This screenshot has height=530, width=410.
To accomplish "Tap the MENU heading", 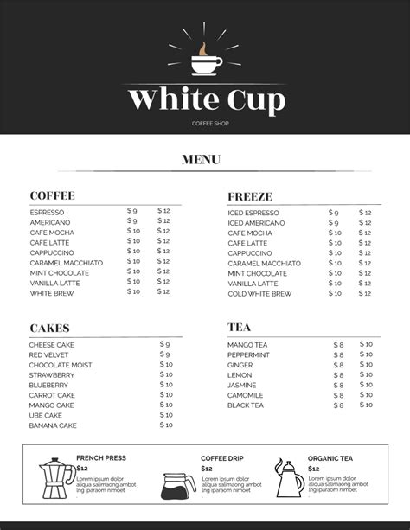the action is [x=202, y=159].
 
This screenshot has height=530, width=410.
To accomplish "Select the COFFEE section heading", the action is [x=52, y=195].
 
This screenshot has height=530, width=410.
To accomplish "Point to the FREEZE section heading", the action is [x=250, y=196].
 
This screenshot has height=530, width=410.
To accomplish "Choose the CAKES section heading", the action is [x=49, y=328].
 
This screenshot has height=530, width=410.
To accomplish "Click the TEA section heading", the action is [x=240, y=328].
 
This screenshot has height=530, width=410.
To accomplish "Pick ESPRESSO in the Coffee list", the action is [x=47, y=213].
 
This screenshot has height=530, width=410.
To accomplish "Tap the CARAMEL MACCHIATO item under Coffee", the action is [x=66, y=263].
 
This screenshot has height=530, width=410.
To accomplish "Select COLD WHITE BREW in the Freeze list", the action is [x=259, y=294].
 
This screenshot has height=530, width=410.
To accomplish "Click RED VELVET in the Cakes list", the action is [x=49, y=355].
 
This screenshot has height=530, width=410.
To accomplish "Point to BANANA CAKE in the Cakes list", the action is [x=53, y=425].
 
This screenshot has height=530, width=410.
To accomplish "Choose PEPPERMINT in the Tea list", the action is [x=248, y=355].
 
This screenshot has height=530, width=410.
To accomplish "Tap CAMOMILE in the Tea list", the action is [x=247, y=395].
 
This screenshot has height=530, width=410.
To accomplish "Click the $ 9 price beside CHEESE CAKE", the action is [x=164, y=344].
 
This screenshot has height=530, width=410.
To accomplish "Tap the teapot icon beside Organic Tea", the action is [x=289, y=478].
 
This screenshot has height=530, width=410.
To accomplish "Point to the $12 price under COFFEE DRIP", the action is [x=207, y=469].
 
